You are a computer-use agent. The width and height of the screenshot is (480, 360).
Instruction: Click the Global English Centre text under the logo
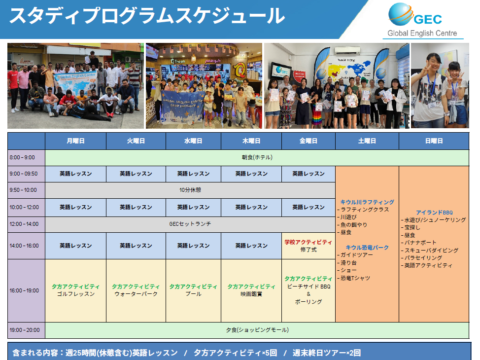pyautogui.click(x=422, y=33)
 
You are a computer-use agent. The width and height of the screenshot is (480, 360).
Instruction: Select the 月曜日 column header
pyautogui.click(x=75, y=141)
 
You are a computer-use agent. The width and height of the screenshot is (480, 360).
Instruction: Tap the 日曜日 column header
pyautogui.click(x=434, y=141)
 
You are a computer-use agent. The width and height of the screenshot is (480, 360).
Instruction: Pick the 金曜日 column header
pyautogui.click(x=309, y=141)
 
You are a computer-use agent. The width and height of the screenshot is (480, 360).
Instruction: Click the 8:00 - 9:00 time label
pyautogui.click(x=22, y=157)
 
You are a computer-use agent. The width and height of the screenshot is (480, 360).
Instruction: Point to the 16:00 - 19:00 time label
pyautogui.click(x=24, y=290)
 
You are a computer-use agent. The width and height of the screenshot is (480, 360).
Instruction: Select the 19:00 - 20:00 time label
pyautogui.click(x=25, y=330)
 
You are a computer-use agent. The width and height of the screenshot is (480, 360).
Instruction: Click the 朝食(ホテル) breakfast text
pyautogui.click(x=257, y=157)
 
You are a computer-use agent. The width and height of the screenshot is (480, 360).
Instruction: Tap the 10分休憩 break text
pyautogui.click(x=190, y=190)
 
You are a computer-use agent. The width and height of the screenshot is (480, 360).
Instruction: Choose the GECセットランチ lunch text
pyautogui.click(x=190, y=224)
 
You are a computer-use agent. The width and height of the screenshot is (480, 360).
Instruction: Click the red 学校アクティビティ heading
pyautogui.click(x=309, y=242)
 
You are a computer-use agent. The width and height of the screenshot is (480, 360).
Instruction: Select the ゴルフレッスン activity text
pyautogui.click(x=75, y=294)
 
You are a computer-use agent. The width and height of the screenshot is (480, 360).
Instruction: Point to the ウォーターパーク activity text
pyautogui.click(x=136, y=294)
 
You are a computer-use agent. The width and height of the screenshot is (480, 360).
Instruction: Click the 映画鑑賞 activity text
pyautogui.click(x=251, y=294)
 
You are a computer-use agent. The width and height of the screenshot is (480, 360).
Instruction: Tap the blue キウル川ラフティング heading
pyautogui.click(x=367, y=202)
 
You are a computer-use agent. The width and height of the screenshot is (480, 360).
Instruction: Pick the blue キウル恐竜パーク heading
pyautogui.click(x=367, y=247)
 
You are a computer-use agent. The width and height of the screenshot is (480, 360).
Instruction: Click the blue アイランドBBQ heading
pyautogui.click(x=434, y=213)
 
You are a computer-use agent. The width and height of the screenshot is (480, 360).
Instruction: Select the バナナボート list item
pyautogui.click(x=418, y=242)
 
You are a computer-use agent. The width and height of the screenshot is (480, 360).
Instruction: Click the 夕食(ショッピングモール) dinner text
pyautogui.click(x=257, y=330)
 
